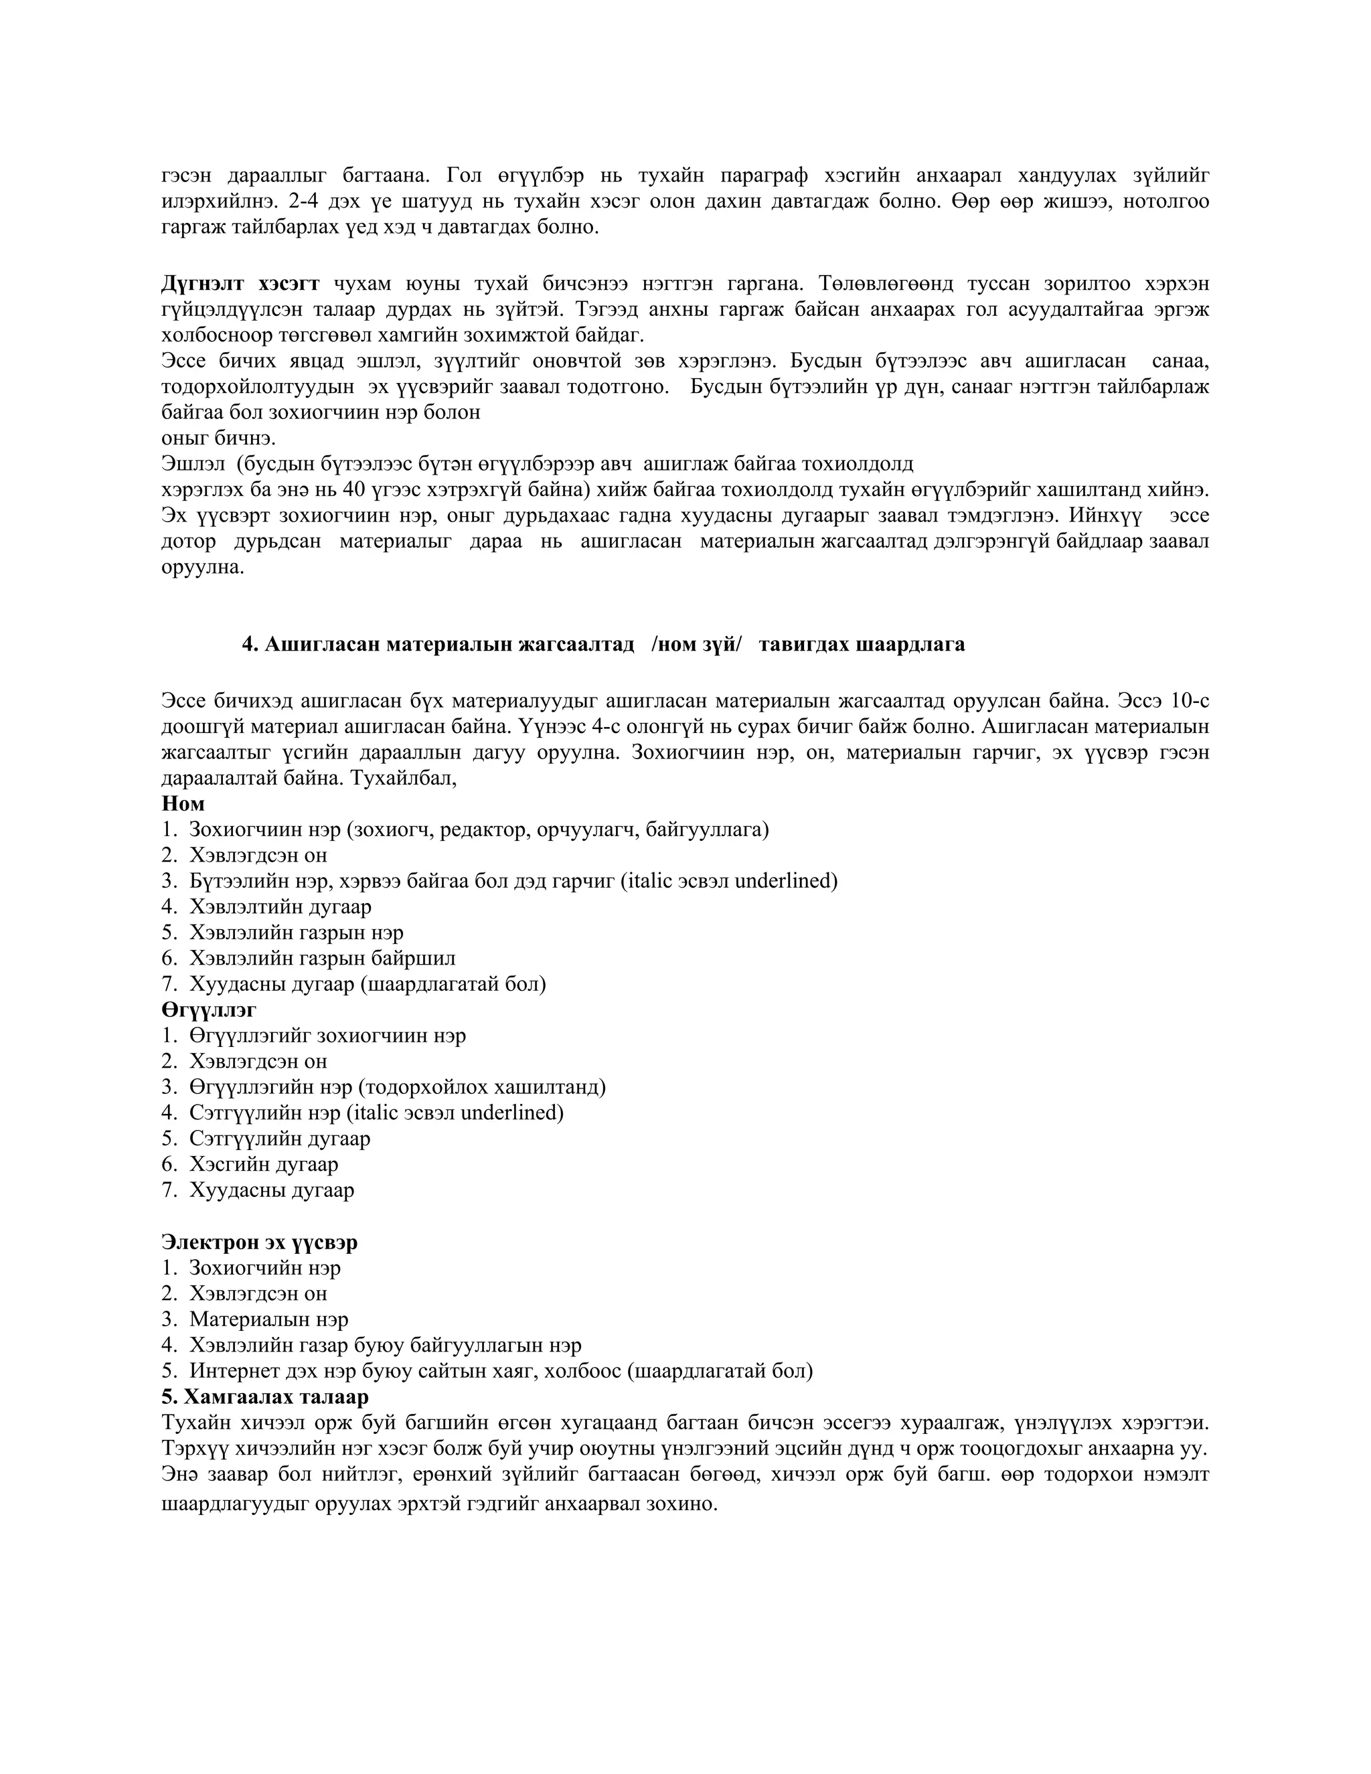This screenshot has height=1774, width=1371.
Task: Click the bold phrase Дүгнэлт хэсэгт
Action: [240, 283]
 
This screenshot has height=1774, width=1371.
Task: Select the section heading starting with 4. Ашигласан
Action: [603, 644]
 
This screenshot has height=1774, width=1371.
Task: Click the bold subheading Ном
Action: [183, 803]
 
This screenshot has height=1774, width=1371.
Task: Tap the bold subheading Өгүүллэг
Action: [209, 1010]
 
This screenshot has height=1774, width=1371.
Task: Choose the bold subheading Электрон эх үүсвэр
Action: [259, 1242]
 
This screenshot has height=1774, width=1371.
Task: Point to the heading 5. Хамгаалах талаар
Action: [265, 1396]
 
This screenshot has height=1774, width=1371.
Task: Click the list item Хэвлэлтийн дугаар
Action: [280, 906]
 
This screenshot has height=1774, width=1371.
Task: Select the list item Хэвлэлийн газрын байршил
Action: [323, 959]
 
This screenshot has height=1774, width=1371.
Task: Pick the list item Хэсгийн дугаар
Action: [263, 1164]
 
